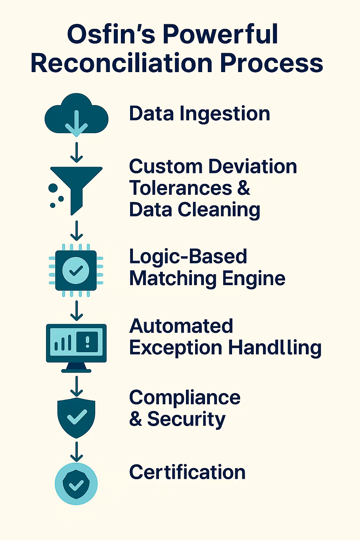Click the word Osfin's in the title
111,34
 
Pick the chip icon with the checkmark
76,270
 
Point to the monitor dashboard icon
76,346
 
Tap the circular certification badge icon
76,484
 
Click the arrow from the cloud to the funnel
76,152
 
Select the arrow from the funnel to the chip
76,231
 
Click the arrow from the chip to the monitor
76,310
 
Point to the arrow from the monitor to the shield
76,386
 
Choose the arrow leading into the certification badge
76,451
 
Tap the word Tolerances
181,188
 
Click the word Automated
181,326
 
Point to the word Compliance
185,398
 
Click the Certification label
187,472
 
